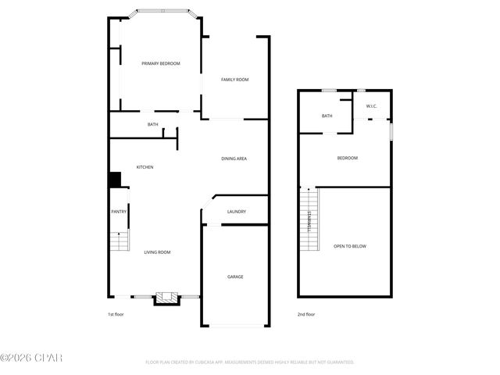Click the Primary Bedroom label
[161, 63]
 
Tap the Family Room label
[234, 80]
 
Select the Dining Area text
[234, 159]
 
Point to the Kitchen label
[145, 167]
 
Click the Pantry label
[119, 211]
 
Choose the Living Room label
[157, 252]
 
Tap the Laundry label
[237, 212]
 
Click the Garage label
[235, 277]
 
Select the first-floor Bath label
[153, 124]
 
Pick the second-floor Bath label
[327, 116]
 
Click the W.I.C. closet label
[372, 105]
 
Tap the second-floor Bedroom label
[347, 159]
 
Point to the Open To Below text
[350, 246]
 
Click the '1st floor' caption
[116, 314]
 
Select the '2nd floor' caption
[305, 314]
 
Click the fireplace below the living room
[164, 298]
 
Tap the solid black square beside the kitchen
[115, 180]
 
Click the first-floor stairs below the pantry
[119, 241]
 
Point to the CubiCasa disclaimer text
[250, 362]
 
